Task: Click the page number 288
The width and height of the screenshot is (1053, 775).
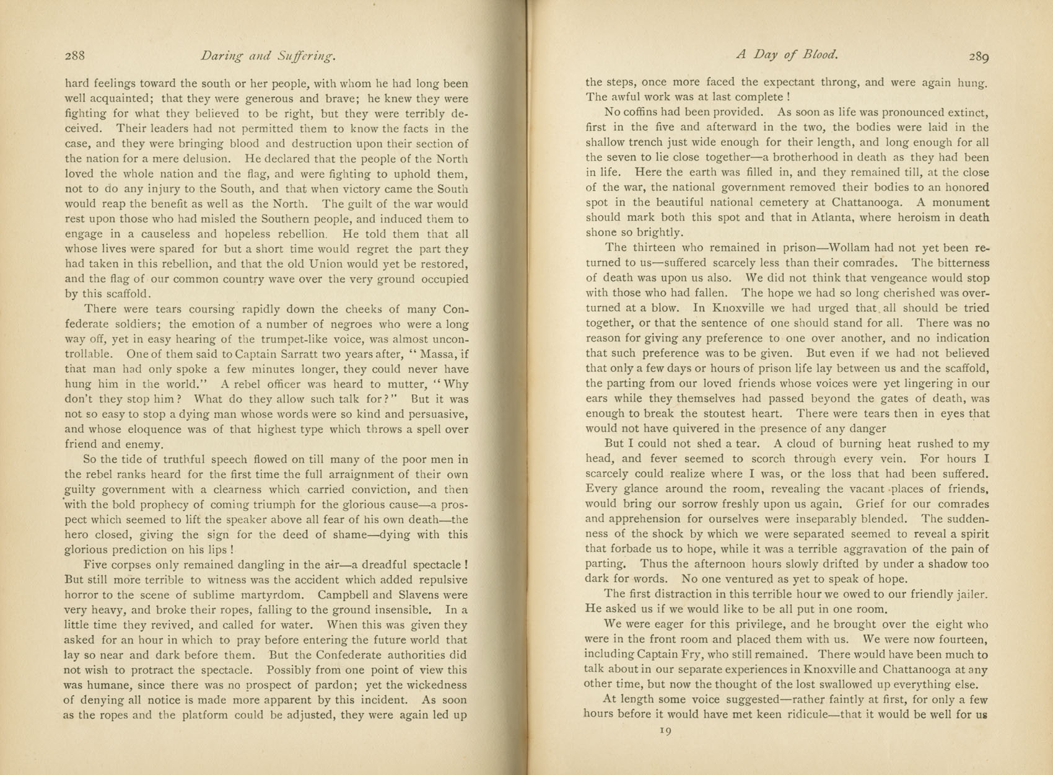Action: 75,55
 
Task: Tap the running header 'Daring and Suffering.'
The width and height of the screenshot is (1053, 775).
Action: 268,56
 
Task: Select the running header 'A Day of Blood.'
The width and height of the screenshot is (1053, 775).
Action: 787,55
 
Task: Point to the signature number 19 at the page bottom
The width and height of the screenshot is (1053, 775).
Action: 666,731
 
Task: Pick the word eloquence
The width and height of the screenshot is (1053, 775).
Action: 147,429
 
